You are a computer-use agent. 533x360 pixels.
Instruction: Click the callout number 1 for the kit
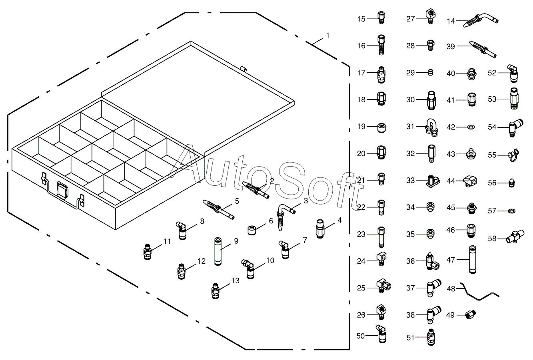328,36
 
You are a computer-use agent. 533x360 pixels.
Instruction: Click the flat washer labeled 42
471,127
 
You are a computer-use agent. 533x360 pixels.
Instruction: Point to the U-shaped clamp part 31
431,127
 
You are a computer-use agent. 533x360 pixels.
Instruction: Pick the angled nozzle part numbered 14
482,20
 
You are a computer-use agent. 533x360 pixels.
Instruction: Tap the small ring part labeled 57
511,210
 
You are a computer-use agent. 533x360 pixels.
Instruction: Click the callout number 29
411,72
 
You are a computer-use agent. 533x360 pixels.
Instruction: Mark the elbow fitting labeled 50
380,334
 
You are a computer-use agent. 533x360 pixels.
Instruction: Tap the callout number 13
235,280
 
